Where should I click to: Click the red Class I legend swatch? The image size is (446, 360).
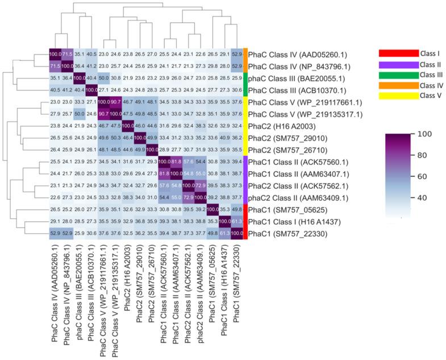coord(399,53)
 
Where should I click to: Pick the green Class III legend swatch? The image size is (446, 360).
coord(399,75)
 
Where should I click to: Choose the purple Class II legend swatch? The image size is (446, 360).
coord(399,64)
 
